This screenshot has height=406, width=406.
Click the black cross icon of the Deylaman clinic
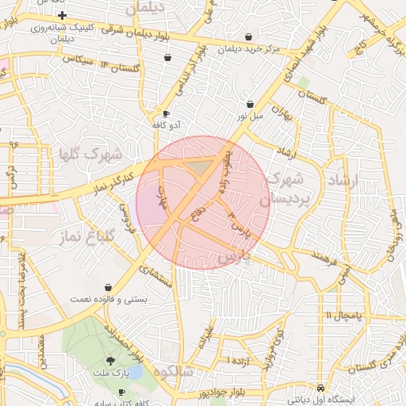point(62,16)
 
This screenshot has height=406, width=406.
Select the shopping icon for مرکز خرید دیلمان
point(249,36)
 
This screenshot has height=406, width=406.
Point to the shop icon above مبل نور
point(251,104)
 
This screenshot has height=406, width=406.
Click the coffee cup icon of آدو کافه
point(166,113)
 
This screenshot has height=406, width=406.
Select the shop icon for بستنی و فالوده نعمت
point(108,287)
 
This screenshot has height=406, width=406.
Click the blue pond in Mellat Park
point(136,371)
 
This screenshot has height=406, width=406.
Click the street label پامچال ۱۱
point(342,316)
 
